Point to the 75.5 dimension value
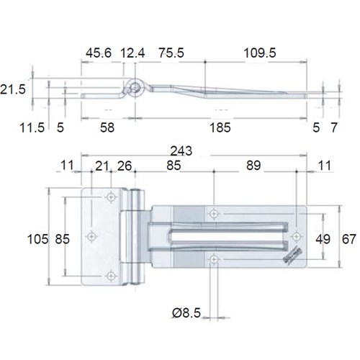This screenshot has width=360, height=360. pyautogui.click(x=171, y=53)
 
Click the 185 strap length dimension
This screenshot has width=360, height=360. pyautogui.click(x=220, y=128)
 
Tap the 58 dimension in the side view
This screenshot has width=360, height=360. pyautogui.click(x=107, y=128)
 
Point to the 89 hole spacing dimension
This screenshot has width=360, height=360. pyautogui.click(x=254, y=166)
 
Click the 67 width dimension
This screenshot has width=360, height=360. pyautogui.click(x=348, y=238)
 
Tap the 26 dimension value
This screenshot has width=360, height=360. pyautogui.click(x=124, y=166)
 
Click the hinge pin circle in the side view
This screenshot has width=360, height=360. pyautogui.click(x=135, y=88)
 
